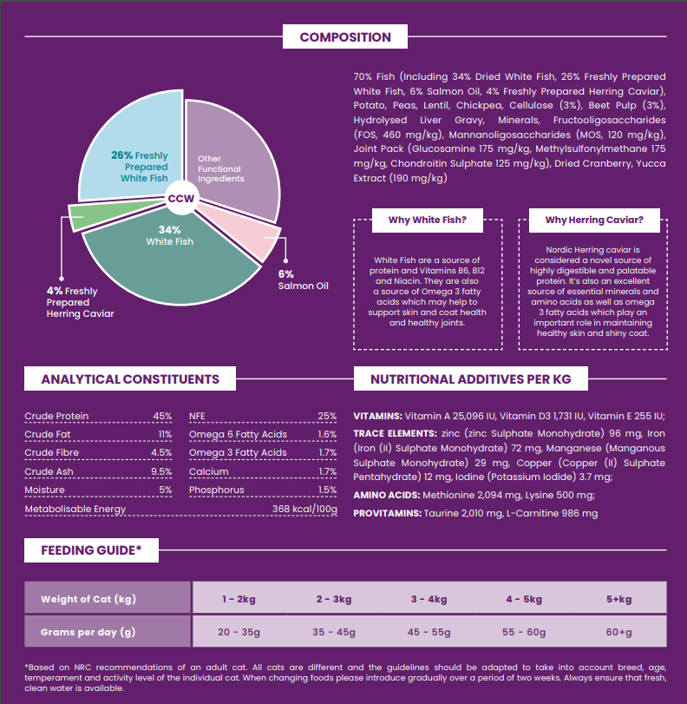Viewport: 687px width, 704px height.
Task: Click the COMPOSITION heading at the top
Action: click(x=345, y=37)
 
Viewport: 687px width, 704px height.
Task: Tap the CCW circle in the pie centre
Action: click(x=181, y=199)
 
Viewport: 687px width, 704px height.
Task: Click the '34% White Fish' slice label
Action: click(x=169, y=235)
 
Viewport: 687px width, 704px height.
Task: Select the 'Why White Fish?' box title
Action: click(x=428, y=220)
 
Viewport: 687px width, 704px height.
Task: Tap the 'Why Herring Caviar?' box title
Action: click(x=594, y=220)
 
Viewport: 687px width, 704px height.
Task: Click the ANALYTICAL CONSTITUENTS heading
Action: click(x=130, y=379)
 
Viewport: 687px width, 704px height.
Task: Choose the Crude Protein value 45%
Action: click(x=162, y=416)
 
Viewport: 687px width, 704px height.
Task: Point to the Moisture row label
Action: click(x=44, y=490)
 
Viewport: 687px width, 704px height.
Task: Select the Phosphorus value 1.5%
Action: click(x=327, y=490)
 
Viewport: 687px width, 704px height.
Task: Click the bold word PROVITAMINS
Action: click(x=387, y=514)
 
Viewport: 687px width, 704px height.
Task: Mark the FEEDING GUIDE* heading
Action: click(x=91, y=550)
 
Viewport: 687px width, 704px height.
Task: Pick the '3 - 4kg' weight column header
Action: click(x=429, y=599)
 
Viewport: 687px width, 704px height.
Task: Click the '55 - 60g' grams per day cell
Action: click(x=523, y=632)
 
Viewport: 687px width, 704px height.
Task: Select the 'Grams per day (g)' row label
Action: click(x=88, y=632)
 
